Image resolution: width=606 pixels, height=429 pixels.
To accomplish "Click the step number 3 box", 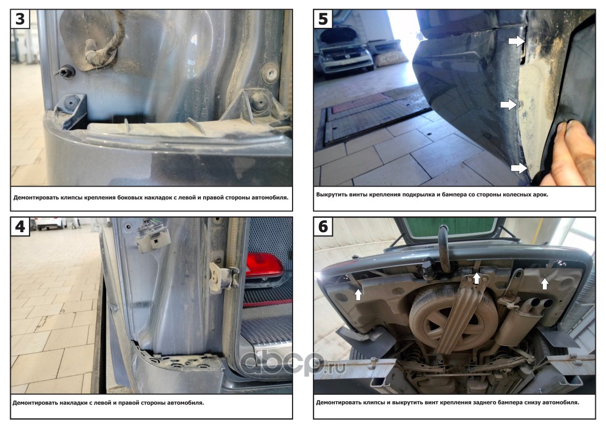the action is click(20, 19).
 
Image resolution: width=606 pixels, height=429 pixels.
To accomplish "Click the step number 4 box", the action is click(20, 226).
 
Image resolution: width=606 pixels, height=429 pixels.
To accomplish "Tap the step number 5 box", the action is click(323, 19).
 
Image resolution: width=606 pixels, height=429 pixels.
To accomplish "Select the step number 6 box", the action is click(323, 226).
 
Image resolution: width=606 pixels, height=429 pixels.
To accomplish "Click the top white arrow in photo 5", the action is click(517, 41).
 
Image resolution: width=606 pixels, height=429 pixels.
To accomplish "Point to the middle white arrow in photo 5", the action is click(508, 105).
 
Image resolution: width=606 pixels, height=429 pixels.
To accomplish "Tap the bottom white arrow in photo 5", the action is click(519, 168).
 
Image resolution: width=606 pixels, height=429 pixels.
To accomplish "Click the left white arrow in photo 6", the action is click(358, 294).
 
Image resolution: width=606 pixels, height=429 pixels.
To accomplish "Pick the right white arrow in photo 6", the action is click(544, 284).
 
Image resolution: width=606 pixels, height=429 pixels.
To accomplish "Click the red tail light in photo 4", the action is click(265, 265).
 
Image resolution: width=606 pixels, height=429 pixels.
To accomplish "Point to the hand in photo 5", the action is click(568, 153).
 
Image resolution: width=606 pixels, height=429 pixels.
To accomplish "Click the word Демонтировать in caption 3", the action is click(36, 198).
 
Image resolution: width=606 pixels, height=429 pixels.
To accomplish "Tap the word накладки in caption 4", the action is click(73, 403).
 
